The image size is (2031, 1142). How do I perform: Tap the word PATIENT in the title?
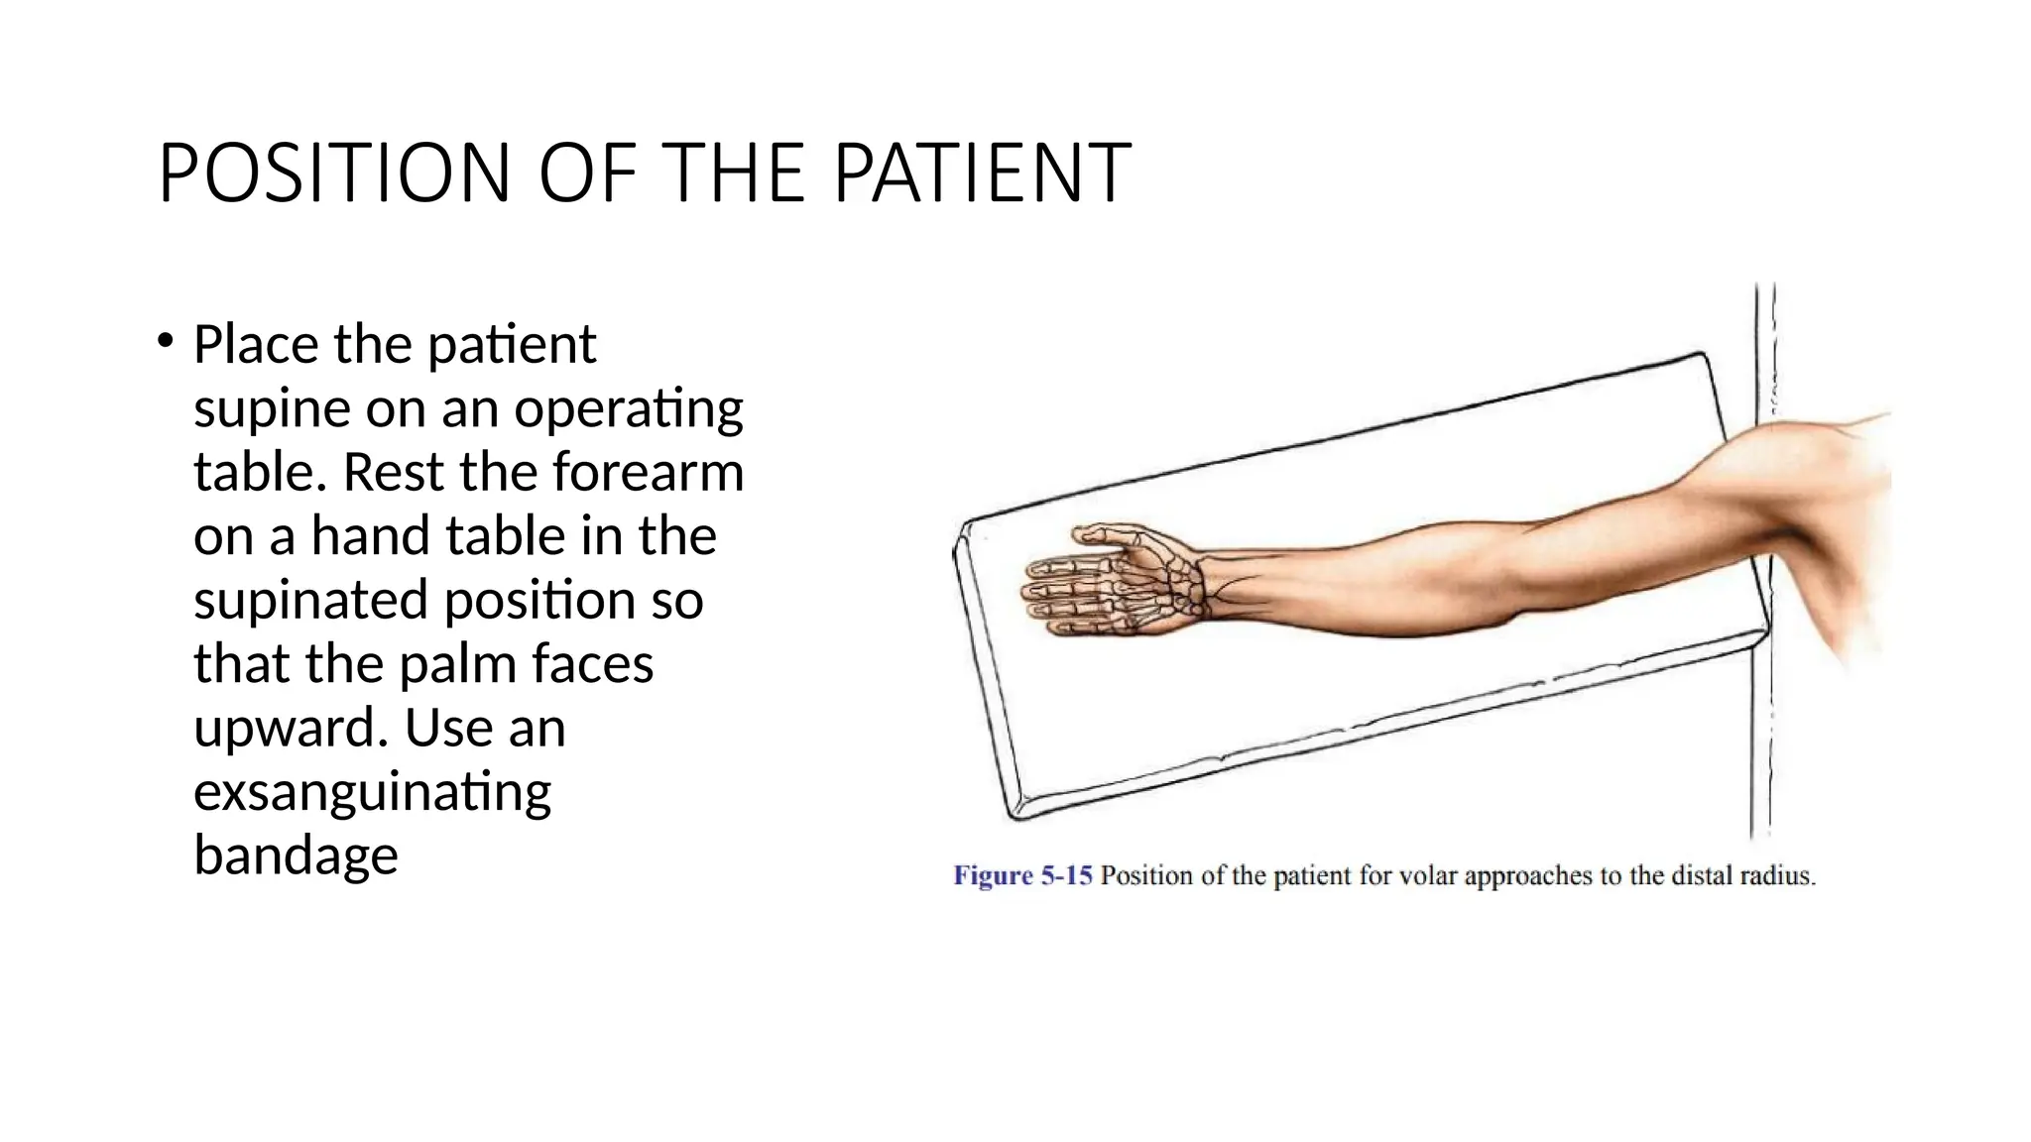point(982,173)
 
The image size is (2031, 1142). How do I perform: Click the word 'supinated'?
point(308,601)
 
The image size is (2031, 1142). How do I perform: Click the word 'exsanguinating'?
point(372,793)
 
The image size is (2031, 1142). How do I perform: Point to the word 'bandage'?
point(296,856)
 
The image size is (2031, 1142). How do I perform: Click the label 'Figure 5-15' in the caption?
point(1022,876)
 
